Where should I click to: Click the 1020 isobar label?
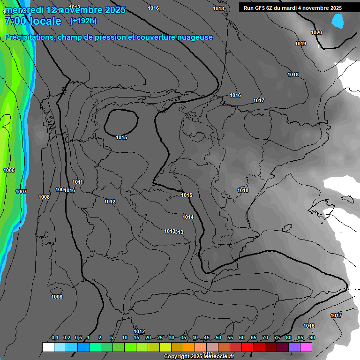pyautogui.click(x=316, y=32)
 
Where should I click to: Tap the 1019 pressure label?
pyautogui.click(x=300, y=44)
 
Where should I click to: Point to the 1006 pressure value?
pyautogui.click(x=9, y=170)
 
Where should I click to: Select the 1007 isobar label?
pyautogui.click(x=21, y=192)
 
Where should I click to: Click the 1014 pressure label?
pyautogui.click(x=188, y=217)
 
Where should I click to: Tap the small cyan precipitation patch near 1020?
pyautogui.click(x=337, y=21)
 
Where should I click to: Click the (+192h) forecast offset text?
pyautogui.click(x=83, y=21)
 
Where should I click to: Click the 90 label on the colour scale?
pyautogui.click(x=312, y=338)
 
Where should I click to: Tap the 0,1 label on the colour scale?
pyautogui.click(x=55, y=338)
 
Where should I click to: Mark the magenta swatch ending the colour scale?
pyautogui.click(x=306, y=347)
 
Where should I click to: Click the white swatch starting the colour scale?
pyautogui.click(x=48, y=347)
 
